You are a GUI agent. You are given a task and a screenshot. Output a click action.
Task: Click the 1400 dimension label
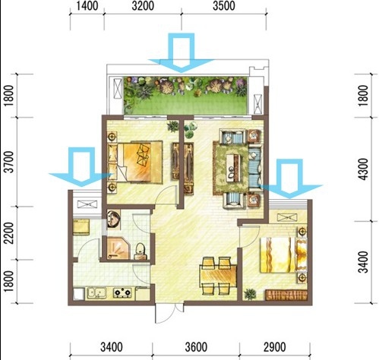coord(87,6)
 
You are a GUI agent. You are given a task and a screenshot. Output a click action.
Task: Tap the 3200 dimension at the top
coord(143,6)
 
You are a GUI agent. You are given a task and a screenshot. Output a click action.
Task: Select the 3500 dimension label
coord(224,6)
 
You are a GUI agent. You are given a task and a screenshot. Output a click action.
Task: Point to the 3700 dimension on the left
coord(9,162)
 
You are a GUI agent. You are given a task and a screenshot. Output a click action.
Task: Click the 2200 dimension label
coord(9,233)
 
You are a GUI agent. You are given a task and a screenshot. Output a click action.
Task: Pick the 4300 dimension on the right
coord(364,169)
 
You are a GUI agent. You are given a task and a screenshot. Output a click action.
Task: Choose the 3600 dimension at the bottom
coord(196,347)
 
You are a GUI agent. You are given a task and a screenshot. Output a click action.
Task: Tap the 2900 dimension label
coord(275,347)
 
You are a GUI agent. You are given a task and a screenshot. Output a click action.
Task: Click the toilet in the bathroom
coord(140,251)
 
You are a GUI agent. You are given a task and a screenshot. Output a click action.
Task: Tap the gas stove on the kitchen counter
coord(122,292)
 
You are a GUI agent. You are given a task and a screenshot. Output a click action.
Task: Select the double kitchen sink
coord(96,292)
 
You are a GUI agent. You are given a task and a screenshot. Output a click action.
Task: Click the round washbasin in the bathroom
coord(113,219)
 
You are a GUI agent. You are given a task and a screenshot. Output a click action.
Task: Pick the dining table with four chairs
coord(218,276)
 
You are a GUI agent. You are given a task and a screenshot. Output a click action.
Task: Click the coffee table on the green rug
coord(233,168)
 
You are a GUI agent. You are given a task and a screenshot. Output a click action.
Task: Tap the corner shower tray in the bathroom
coord(118,248)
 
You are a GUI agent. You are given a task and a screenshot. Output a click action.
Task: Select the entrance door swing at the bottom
coord(166,314)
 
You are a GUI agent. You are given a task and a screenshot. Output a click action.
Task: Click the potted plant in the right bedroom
coord(250,294)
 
